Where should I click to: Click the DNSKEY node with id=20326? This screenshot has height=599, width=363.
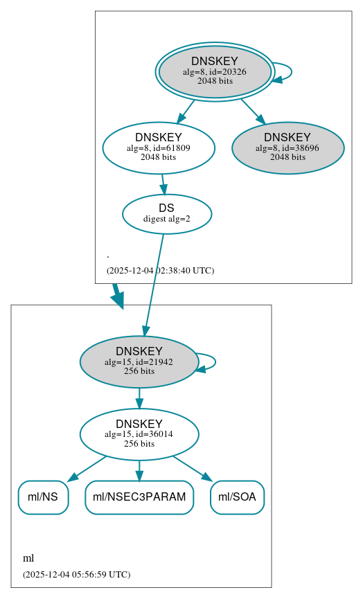point(215,71)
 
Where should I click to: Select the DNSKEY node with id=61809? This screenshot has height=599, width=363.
point(159,147)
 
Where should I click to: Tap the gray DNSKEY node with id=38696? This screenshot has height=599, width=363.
point(287,147)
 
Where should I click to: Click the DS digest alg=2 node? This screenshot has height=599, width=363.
point(166,214)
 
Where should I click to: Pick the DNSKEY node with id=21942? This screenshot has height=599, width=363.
point(139,361)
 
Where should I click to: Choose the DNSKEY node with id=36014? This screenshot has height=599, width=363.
point(139,434)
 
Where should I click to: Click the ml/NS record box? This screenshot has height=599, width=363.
point(43,497)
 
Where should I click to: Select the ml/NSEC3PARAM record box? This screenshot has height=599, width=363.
point(139,497)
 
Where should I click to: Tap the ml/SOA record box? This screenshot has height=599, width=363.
point(237,497)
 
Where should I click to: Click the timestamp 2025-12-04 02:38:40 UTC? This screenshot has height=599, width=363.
point(160,271)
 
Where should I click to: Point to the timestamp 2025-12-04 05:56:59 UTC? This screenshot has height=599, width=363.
point(76,574)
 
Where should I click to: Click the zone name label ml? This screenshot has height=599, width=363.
point(28,558)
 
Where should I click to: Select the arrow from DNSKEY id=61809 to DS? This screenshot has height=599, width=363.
point(163,184)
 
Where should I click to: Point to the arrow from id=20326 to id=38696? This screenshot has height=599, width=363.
point(253,111)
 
